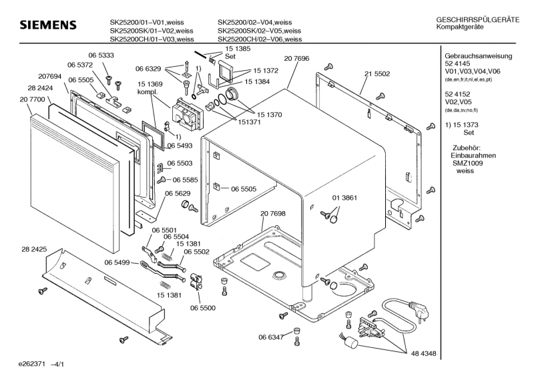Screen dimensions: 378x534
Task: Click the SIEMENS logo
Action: click(x=48, y=25)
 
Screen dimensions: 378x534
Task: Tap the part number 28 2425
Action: click(x=34, y=249)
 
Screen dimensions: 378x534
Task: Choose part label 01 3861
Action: click(x=345, y=198)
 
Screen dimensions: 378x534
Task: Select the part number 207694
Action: click(x=50, y=77)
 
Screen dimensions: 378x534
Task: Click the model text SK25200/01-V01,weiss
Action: click(x=152, y=21)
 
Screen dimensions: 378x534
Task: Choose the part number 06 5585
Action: click(x=186, y=180)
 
